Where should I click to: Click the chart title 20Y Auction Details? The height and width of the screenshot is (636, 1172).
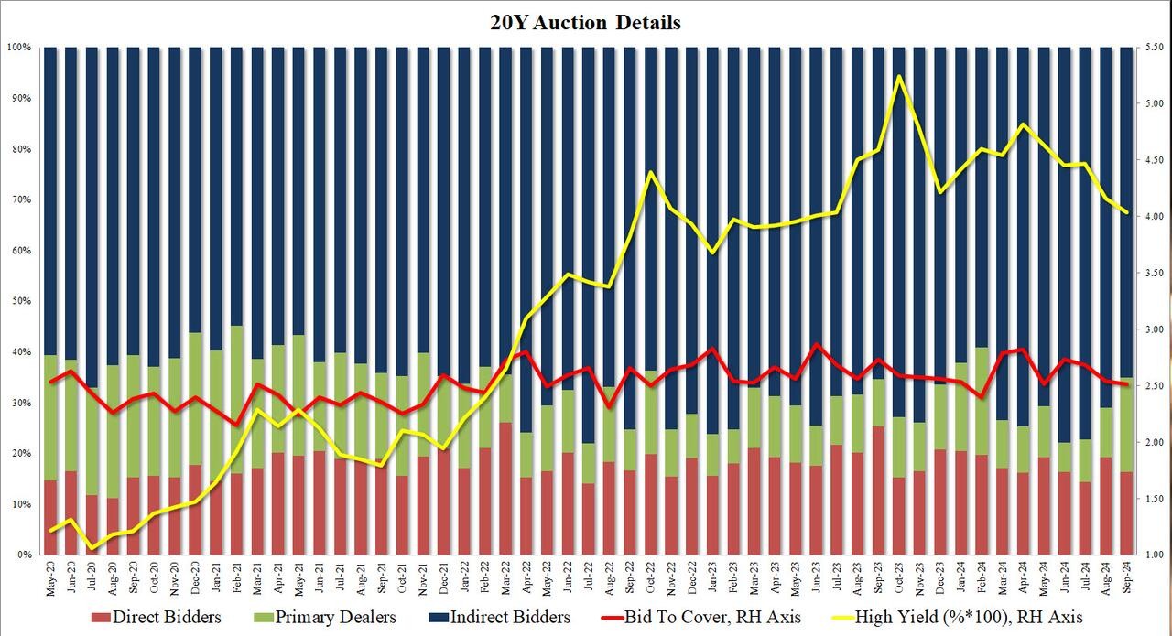coord(586,23)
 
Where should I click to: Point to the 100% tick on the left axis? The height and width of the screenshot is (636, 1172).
coord(20,47)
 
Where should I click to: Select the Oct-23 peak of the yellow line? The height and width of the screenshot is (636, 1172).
coord(899,76)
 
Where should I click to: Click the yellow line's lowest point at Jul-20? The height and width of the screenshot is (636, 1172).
coord(92,548)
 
